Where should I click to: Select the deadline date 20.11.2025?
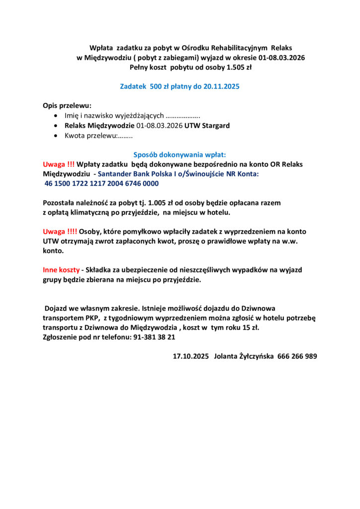pyautogui.click(x=220, y=86)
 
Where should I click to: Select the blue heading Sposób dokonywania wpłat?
pyautogui.click(x=180, y=155)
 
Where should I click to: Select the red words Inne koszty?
pyautogui.click(x=61, y=270)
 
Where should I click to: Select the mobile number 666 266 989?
pyautogui.click(x=297, y=356)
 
